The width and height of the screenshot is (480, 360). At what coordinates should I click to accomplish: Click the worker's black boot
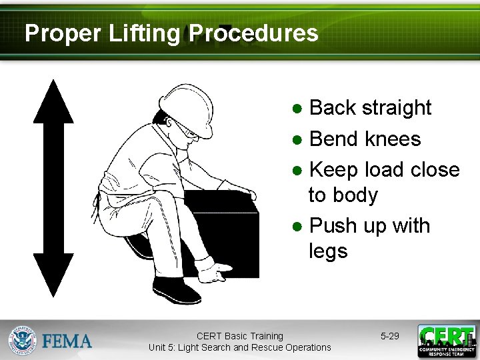click(175, 289)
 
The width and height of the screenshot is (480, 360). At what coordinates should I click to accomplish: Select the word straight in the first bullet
click(399, 107)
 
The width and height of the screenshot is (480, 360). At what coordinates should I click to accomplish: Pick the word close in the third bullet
click(435, 169)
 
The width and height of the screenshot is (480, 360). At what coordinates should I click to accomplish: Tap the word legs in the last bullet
click(328, 251)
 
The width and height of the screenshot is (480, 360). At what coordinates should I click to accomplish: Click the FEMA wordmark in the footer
click(67, 341)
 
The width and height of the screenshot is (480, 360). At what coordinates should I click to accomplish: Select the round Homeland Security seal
click(23, 341)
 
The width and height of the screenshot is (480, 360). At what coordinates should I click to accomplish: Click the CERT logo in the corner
click(446, 341)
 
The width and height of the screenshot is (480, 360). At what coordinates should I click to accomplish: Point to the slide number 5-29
click(390, 336)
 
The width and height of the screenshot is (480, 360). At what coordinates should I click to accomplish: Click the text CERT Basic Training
click(239, 336)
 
